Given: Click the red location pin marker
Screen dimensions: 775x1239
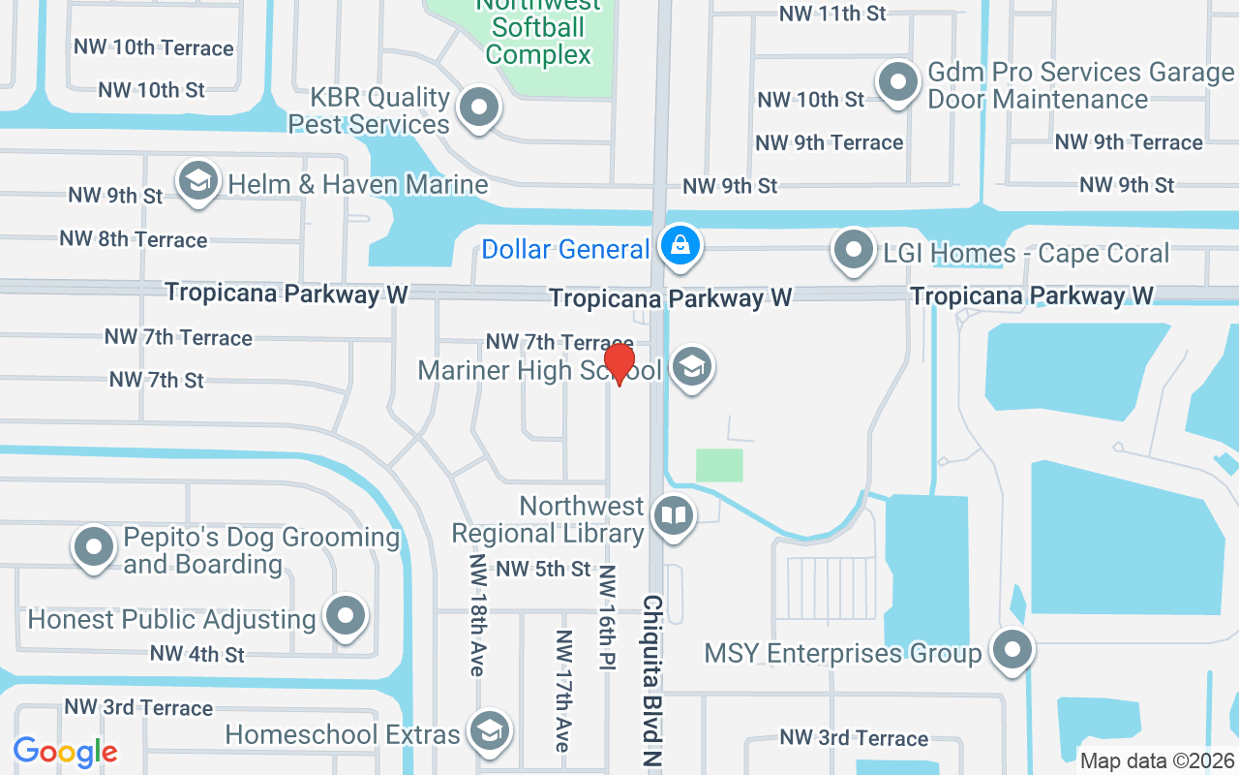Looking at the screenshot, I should (x=619, y=363).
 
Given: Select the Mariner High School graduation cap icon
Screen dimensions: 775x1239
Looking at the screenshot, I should (x=691, y=367).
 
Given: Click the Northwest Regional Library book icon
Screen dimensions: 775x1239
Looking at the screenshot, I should (x=673, y=515).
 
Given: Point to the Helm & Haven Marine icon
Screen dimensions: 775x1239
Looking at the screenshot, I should (x=198, y=181).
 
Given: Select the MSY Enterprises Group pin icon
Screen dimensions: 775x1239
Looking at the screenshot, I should (x=1012, y=649).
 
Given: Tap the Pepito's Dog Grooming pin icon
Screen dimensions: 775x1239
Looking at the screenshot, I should (x=94, y=547).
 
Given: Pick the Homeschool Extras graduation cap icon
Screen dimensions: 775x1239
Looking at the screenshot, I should (x=490, y=732).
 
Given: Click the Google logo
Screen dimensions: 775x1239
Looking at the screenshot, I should (x=65, y=751).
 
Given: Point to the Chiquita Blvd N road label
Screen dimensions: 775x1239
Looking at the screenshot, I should (x=651, y=682).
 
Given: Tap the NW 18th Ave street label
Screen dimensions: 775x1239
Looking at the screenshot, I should (x=476, y=615).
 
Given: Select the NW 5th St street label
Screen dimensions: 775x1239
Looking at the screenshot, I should (x=543, y=569).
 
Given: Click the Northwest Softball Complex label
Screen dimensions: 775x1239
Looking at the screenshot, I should (x=538, y=29).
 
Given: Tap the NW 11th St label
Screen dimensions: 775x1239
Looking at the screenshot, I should (x=832, y=14).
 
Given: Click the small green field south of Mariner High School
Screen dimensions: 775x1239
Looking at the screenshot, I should (x=719, y=465).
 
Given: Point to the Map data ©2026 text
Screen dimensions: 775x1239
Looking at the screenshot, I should (x=1157, y=760).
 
